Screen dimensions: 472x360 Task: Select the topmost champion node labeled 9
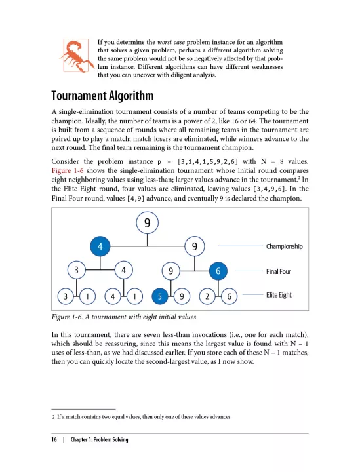coord(148,223)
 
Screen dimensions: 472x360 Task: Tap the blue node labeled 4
coord(100,246)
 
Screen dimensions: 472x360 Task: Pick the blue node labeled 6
coord(218,270)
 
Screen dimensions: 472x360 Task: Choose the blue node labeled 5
coord(159,296)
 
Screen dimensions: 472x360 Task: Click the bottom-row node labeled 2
coord(207,296)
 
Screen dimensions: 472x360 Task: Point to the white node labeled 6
coord(228,296)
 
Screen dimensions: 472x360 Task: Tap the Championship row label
coord(284,246)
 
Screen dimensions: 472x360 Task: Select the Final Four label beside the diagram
coord(279,271)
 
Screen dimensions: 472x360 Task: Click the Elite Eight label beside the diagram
coord(279,295)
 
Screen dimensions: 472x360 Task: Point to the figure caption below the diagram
coord(123,318)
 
